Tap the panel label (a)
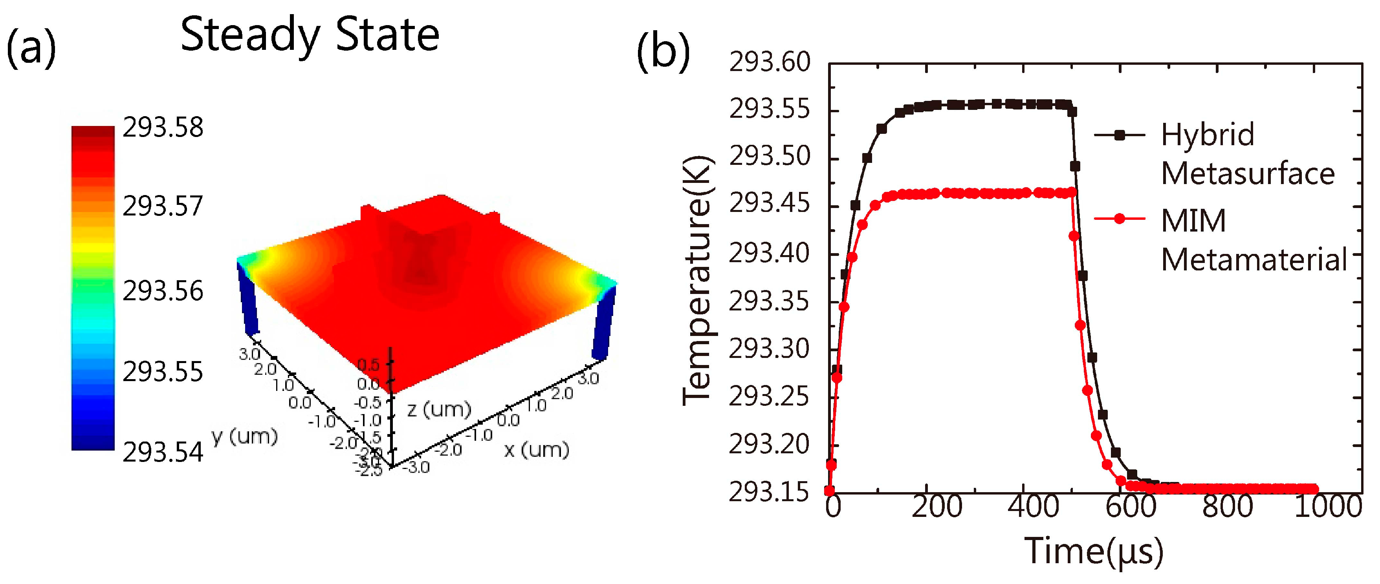pos(31,49)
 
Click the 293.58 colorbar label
pos(163,128)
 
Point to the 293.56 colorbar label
pos(163,291)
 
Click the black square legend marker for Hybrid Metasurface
pos(1119,135)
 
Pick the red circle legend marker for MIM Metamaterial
pos(1119,218)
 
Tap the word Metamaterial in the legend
pos(1254,260)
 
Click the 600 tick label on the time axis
pos(1130,506)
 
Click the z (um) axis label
pos(439,409)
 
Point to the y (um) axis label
pos(245,436)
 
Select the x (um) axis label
pos(536,450)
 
